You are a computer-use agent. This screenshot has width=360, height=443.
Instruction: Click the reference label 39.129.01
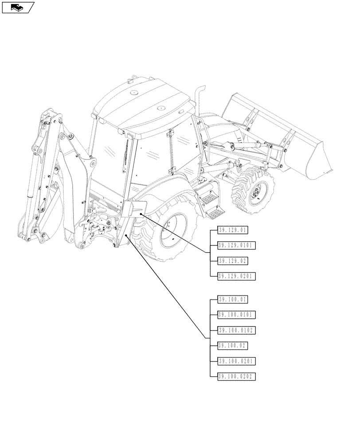pyautogui.click(x=233, y=230)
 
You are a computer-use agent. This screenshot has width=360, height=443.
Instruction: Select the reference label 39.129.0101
pyautogui.click(x=237, y=245)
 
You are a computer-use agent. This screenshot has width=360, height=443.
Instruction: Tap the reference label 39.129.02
pyautogui.click(x=233, y=260)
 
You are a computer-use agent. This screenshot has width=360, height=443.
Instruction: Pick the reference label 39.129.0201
pyautogui.click(x=237, y=276)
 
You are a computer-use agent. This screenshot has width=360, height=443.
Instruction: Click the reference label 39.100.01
pyautogui.click(x=233, y=299)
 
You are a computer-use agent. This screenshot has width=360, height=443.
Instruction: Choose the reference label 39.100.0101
pyautogui.click(x=237, y=315)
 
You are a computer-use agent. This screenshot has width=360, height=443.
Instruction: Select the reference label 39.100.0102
pyautogui.click(x=237, y=330)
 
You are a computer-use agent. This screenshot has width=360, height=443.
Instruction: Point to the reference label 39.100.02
pyautogui.click(x=233, y=346)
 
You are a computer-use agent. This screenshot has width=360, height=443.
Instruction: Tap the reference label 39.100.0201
pyautogui.click(x=237, y=361)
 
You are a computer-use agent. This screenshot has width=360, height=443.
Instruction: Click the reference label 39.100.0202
pyautogui.click(x=237, y=377)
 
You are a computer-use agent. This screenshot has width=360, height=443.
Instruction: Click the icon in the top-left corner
pyautogui.click(x=18, y=7)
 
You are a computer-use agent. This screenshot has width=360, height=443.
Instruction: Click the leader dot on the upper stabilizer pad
pyautogui.click(x=141, y=214)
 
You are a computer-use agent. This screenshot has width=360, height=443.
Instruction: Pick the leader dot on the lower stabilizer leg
pyautogui.click(x=127, y=236)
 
